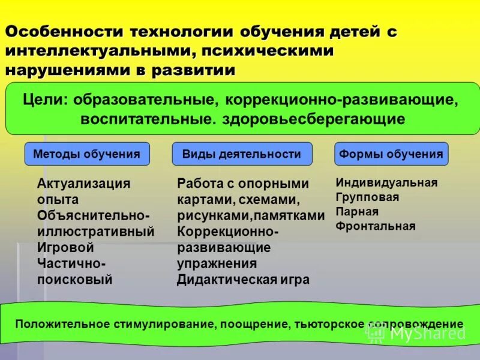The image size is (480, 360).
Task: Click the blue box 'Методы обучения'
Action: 86,154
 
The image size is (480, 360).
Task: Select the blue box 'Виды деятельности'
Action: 242,154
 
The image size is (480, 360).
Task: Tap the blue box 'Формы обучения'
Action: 391,154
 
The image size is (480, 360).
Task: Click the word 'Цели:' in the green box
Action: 47,99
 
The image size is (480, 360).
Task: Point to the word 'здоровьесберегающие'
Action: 313,118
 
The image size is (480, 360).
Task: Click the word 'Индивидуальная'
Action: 386,182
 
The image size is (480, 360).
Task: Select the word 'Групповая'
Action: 367,197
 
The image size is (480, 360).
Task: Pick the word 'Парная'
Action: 357,211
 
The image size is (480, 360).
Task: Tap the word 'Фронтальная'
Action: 376,226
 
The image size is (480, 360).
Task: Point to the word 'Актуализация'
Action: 83,184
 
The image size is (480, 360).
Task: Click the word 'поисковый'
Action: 74,279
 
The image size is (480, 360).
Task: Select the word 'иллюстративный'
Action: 95,231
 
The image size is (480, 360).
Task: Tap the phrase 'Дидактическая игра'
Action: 243,279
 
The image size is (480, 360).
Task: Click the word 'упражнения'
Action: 217,263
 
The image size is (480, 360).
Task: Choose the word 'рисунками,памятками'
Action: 251,215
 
